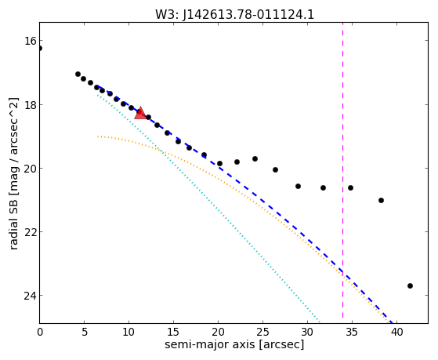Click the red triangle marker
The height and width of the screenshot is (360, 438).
[x=140, y=113]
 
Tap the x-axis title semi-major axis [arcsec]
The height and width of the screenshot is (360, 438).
[x=234, y=344]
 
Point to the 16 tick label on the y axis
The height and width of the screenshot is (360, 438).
[x=31, y=41]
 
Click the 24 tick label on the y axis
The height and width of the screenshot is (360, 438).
[x=31, y=296]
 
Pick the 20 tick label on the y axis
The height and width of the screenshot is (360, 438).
[x=31, y=169]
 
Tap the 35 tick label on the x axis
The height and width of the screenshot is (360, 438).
[x=352, y=333]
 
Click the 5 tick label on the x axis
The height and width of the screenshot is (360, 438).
[x=85, y=333]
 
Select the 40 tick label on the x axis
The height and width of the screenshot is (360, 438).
[x=396, y=333]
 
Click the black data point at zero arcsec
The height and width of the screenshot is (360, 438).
[x=39, y=48]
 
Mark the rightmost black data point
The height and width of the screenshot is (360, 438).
[x=410, y=285]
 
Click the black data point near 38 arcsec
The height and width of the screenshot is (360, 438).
[x=381, y=200]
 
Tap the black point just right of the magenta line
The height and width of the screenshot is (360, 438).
[x=350, y=187]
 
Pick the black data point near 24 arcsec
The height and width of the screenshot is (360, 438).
[x=255, y=159]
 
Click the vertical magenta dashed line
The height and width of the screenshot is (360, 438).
[x=342, y=173]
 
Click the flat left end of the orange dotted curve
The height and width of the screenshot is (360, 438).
[x=98, y=136]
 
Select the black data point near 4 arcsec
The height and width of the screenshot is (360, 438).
[x=78, y=75]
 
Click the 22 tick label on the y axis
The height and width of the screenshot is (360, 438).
[x=31, y=232]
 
